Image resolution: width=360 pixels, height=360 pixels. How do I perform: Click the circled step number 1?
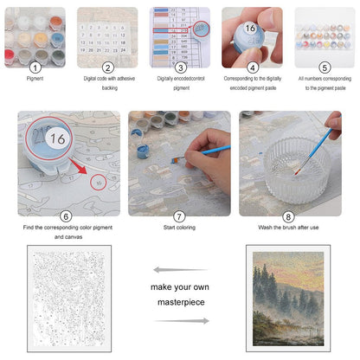coord(36,67)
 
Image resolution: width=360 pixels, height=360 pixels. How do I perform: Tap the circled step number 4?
coord(252,67)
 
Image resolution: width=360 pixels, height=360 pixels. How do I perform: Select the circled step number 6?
coord(66,216)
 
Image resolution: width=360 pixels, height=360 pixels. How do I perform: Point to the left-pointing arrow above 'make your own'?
coord(180,270)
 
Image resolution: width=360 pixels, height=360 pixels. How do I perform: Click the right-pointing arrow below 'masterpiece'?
coord(180,321)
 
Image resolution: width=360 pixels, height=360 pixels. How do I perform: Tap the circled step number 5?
coord(324,67)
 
